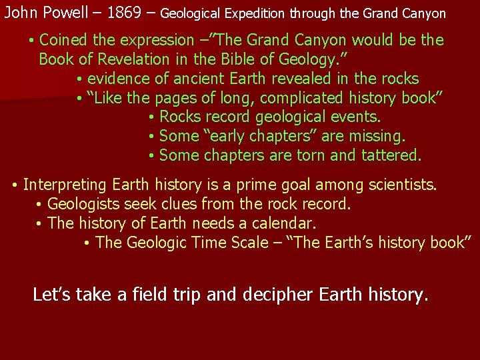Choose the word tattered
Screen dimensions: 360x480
tap(391, 156)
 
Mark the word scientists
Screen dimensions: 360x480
tap(403, 184)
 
